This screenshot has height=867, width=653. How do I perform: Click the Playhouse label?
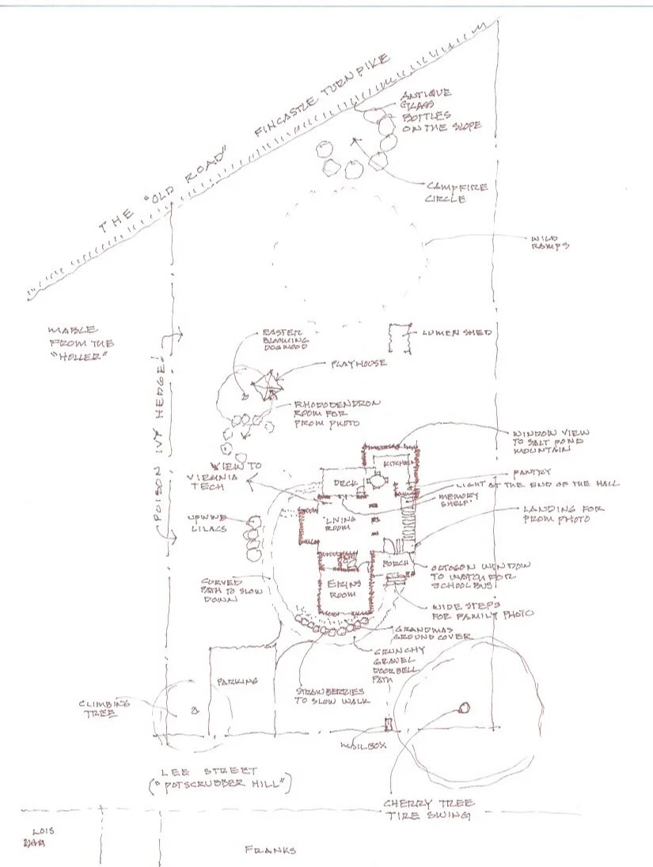point(359,363)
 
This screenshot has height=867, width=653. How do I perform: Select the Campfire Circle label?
point(457,193)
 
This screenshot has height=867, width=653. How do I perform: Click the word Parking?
point(235,680)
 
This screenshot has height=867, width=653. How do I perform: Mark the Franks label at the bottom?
point(271,850)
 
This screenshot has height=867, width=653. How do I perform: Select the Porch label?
point(395,563)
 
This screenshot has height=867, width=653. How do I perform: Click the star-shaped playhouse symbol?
point(267,388)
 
